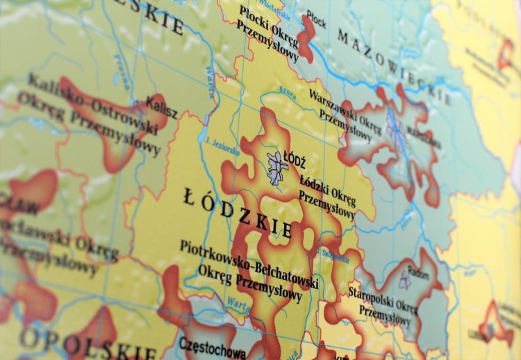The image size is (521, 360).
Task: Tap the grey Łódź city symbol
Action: (x=277, y=167)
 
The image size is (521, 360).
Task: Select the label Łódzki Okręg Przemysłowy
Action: (x=327, y=193)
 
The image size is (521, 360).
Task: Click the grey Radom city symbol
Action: (x=405, y=280)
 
